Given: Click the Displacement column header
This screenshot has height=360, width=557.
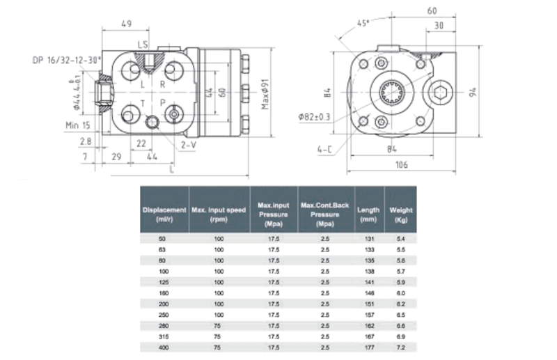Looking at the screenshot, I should point(164,214).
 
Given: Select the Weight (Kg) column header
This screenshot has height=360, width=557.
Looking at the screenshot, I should point(401,214).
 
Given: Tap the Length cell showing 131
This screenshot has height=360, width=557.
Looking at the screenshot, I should point(369,239).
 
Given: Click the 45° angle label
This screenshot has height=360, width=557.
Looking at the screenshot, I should point(363,23).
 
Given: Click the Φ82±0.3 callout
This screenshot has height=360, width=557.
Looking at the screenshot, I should point(315,116).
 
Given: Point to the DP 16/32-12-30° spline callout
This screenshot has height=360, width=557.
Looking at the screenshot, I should point(66,61).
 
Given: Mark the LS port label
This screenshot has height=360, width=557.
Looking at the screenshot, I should point(143,45).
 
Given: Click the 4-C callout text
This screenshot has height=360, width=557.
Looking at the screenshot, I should point(324,148).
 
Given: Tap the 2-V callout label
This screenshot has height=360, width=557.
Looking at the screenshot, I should point(188,145).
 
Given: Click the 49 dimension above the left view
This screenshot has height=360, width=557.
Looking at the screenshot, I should point(127,24).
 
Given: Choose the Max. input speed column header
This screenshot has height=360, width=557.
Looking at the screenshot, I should point(219,214).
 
